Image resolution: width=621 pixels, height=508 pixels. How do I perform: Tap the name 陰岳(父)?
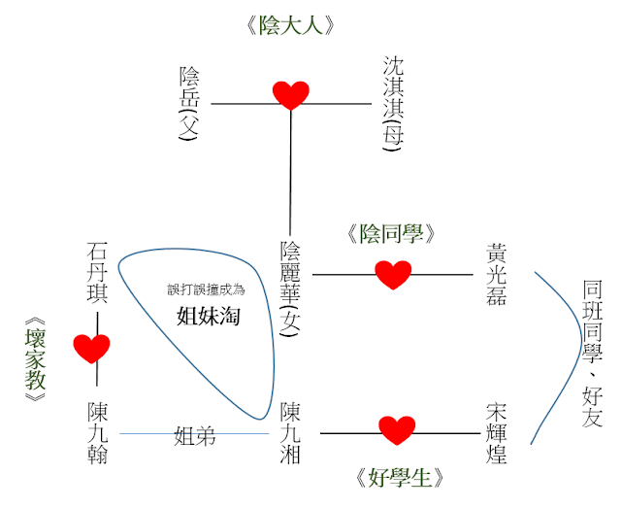190,104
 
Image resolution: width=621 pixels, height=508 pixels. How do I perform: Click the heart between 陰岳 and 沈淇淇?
290,96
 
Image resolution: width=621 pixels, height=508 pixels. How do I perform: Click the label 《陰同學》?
394,234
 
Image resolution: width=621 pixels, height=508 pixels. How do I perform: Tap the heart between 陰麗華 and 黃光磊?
393,275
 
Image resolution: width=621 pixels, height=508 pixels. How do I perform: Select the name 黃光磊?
496,274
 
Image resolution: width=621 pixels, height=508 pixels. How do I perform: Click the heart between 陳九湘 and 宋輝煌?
396,429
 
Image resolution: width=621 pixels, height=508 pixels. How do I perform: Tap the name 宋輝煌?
496,433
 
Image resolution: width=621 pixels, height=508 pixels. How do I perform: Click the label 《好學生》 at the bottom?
398,477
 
